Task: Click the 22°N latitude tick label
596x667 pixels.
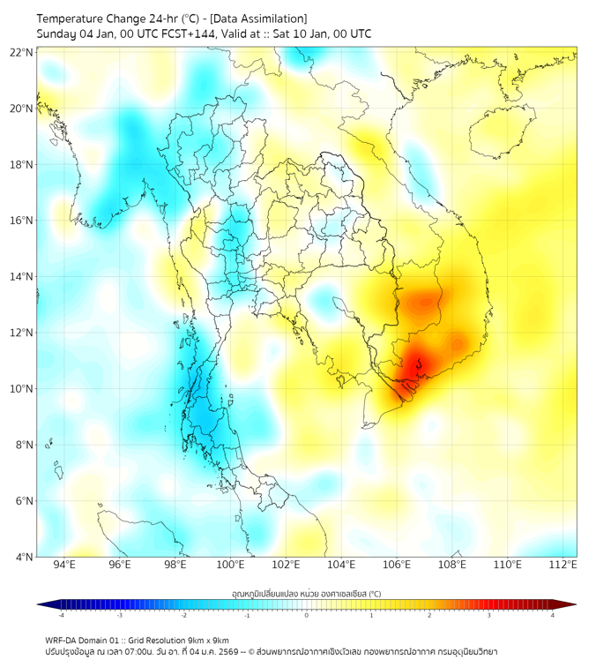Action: [x=21, y=53]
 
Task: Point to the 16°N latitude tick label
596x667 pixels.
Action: [x=21, y=221]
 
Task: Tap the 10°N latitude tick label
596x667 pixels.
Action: [x=21, y=389]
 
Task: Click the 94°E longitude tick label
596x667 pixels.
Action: [x=64, y=565]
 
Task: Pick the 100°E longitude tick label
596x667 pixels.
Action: [x=230, y=565]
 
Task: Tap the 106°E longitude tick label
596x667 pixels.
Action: [x=397, y=565]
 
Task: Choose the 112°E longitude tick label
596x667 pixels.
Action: [x=562, y=565]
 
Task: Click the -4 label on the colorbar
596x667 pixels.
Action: [x=61, y=615]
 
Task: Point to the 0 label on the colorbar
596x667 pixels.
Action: [x=307, y=615]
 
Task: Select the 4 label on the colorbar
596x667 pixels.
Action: [x=553, y=615]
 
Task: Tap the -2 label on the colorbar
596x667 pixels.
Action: [x=183, y=615]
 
